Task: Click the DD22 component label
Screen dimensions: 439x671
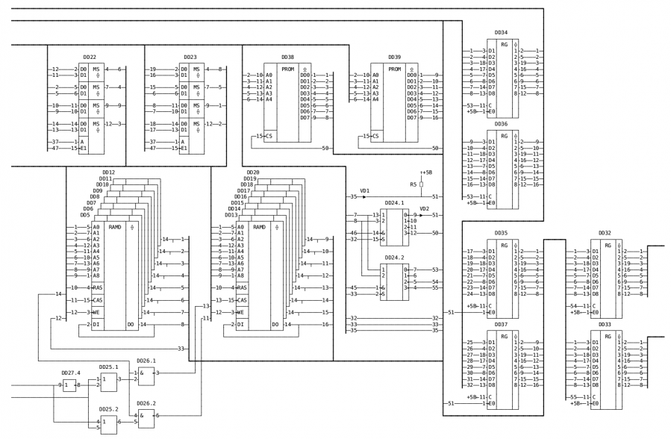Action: (90, 57)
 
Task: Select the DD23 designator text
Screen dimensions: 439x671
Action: (190, 57)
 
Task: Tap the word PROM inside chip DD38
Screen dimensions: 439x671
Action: (287, 69)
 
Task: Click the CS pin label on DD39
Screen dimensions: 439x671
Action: (375, 136)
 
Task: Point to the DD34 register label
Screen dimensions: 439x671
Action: (501, 33)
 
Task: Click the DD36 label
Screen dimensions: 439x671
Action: (501, 124)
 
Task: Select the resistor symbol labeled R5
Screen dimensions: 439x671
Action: (422, 184)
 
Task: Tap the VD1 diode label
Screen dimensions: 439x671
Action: (365, 190)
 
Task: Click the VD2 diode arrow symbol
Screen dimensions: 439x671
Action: (423, 215)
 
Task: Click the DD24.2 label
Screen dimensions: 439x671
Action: (394, 257)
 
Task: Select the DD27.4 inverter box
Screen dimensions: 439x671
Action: (69, 386)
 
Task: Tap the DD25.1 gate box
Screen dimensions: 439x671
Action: (110, 382)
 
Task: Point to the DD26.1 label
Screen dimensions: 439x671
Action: (147, 362)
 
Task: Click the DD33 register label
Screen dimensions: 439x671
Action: (605, 325)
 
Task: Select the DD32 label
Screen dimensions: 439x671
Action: (605, 233)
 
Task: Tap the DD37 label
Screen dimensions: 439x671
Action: (501, 325)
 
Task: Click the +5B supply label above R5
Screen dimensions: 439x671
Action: (426, 172)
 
